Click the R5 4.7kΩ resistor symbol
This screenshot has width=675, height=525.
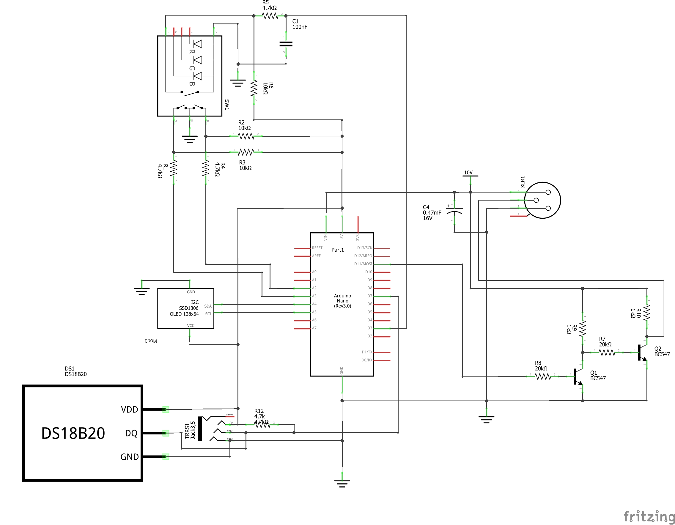tap(270, 16)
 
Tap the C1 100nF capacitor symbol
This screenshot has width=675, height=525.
tap(286, 44)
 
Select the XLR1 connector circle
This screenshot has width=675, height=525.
tap(542, 200)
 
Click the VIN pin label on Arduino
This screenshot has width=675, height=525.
tap(325, 237)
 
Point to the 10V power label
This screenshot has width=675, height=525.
tap(468, 173)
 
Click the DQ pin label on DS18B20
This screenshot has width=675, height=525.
tap(131, 433)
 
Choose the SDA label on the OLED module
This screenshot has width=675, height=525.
tap(208, 306)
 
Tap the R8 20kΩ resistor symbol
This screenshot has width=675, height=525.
tap(542, 377)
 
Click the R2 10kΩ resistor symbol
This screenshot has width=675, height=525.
tap(246, 136)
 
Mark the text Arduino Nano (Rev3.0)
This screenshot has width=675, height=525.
tap(342, 301)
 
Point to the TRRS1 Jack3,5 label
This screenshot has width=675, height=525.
tap(190, 431)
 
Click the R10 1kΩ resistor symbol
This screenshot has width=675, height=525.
tap(646, 313)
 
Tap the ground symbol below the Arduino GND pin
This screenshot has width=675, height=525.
tap(342, 483)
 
